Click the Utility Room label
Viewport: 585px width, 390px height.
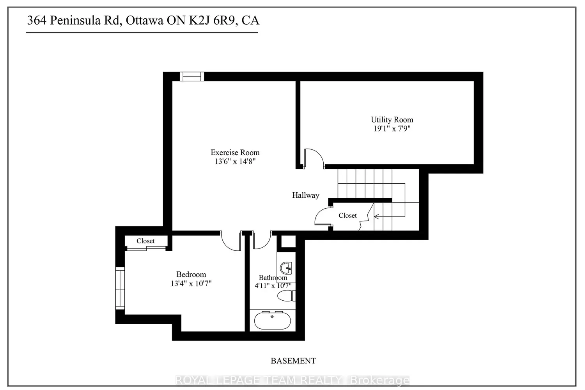pos(392,120)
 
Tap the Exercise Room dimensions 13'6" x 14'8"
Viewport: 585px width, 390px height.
pos(235,161)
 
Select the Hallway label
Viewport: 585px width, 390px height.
pos(305,195)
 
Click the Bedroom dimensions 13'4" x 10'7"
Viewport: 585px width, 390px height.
pos(191,284)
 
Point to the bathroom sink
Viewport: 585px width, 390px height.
pos(286,268)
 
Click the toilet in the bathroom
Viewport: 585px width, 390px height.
pos(286,296)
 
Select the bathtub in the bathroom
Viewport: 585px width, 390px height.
pos(272,321)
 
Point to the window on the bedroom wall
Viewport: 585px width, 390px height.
pos(120,288)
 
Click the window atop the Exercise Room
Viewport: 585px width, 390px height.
pos(192,76)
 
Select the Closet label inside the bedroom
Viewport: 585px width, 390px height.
pos(145,241)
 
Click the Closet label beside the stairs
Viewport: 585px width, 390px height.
pos(347,216)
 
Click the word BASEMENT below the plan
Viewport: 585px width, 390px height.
pos(293,361)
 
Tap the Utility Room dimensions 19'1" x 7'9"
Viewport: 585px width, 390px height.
pos(392,129)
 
